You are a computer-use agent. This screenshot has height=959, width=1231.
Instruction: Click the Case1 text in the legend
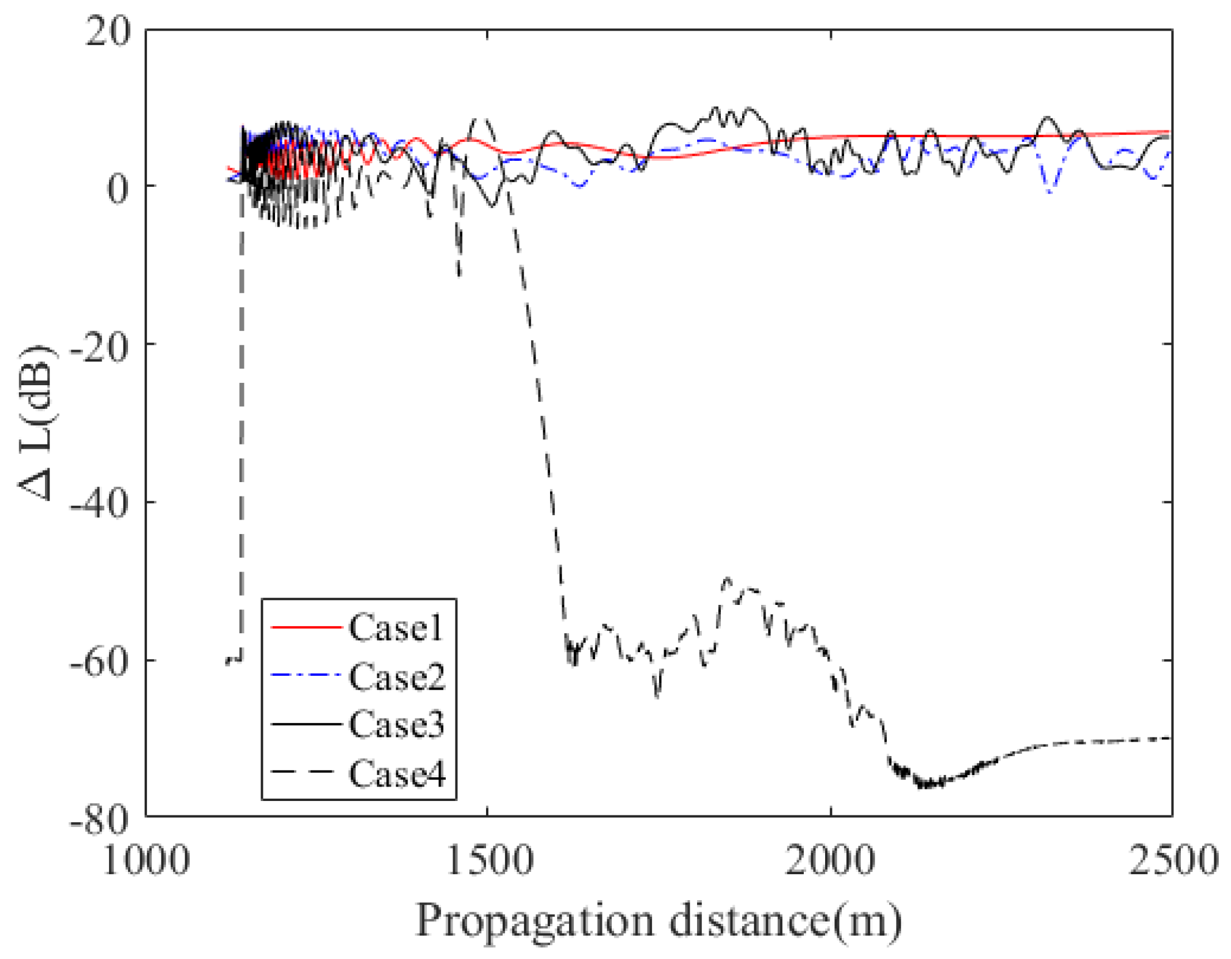click(x=396, y=627)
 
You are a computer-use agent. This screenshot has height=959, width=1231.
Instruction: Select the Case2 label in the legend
click(x=397, y=676)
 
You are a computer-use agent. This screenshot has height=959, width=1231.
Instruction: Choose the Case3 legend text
click(x=397, y=724)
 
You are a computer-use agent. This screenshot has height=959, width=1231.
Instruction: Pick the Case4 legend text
click(x=397, y=773)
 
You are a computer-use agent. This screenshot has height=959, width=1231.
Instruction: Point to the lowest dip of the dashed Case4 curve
click(x=925, y=785)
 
